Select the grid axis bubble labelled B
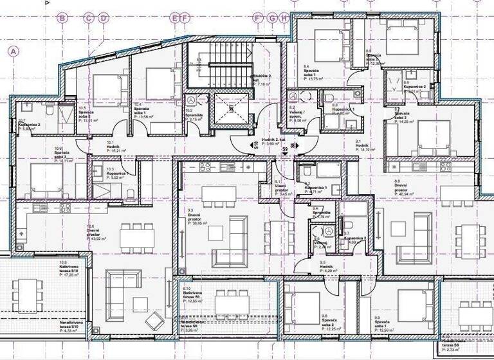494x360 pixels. [x=62, y=19]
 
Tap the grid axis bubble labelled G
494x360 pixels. [x=272, y=19]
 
